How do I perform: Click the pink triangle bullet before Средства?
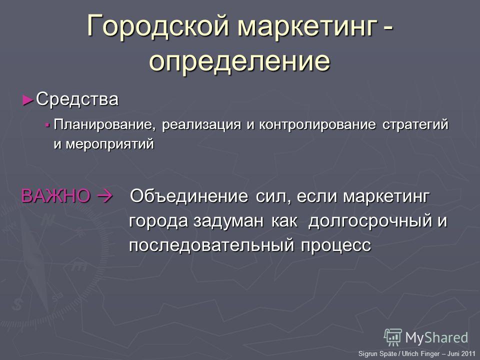[28, 100]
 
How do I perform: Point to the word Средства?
[77, 99]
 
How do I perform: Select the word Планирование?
[103, 125]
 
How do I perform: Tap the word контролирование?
[317, 125]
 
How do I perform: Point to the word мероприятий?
[109, 144]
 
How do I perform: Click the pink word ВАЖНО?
[55, 196]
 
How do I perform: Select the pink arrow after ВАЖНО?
[104, 196]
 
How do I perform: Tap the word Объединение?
[189, 196]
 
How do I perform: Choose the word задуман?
[228, 221]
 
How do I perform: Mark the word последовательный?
[211, 245]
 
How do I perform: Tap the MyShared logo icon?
[393, 337]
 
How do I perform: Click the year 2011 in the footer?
[468, 353]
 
